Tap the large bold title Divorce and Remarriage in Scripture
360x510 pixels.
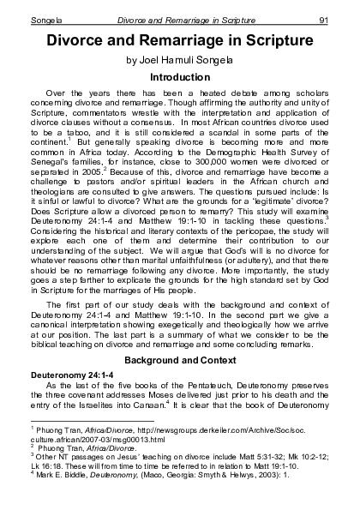click(x=180, y=40)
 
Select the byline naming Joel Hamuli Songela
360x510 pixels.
click(x=180, y=61)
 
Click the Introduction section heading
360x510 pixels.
click(x=180, y=78)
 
